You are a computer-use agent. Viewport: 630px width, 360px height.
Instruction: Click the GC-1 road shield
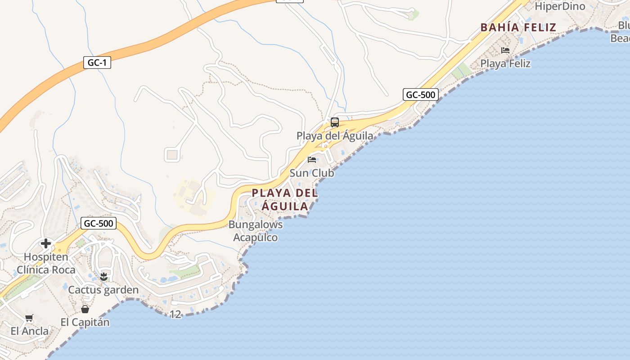(x=97, y=63)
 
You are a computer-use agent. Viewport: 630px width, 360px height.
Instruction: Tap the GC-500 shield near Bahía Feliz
(x=421, y=94)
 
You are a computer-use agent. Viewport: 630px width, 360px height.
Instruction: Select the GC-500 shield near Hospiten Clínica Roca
(x=99, y=223)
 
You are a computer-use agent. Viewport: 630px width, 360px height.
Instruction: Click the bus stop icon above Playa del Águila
(x=335, y=122)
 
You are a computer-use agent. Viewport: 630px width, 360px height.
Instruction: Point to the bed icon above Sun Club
(x=312, y=159)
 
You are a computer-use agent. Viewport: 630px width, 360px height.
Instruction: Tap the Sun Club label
(x=312, y=173)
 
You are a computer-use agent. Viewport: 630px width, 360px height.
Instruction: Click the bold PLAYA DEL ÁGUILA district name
(x=284, y=199)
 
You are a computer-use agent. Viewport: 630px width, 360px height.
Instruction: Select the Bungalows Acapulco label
(x=256, y=231)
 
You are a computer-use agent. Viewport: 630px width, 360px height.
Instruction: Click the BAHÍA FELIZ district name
(x=518, y=27)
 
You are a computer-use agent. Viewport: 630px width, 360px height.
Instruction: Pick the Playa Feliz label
(x=505, y=63)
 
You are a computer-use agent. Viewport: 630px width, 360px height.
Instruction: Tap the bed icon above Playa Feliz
(x=505, y=50)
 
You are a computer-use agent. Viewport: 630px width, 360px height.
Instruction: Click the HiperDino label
(x=560, y=6)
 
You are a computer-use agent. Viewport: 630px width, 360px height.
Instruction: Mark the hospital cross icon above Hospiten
(x=45, y=243)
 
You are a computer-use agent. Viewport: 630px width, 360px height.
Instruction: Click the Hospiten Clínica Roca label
(x=46, y=263)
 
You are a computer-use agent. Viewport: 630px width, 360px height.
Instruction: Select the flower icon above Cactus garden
(x=104, y=276)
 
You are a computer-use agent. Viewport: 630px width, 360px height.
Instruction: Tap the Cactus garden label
(x=103, y=290)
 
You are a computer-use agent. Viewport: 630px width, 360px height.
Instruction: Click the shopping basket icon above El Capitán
(x=85, y=309)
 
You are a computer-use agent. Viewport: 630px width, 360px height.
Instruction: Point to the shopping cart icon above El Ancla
(x=29, y=318)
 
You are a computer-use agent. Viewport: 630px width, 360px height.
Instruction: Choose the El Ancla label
(x=30, y=331)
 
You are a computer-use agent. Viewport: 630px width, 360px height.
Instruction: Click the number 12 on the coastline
(x=175, y=315)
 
